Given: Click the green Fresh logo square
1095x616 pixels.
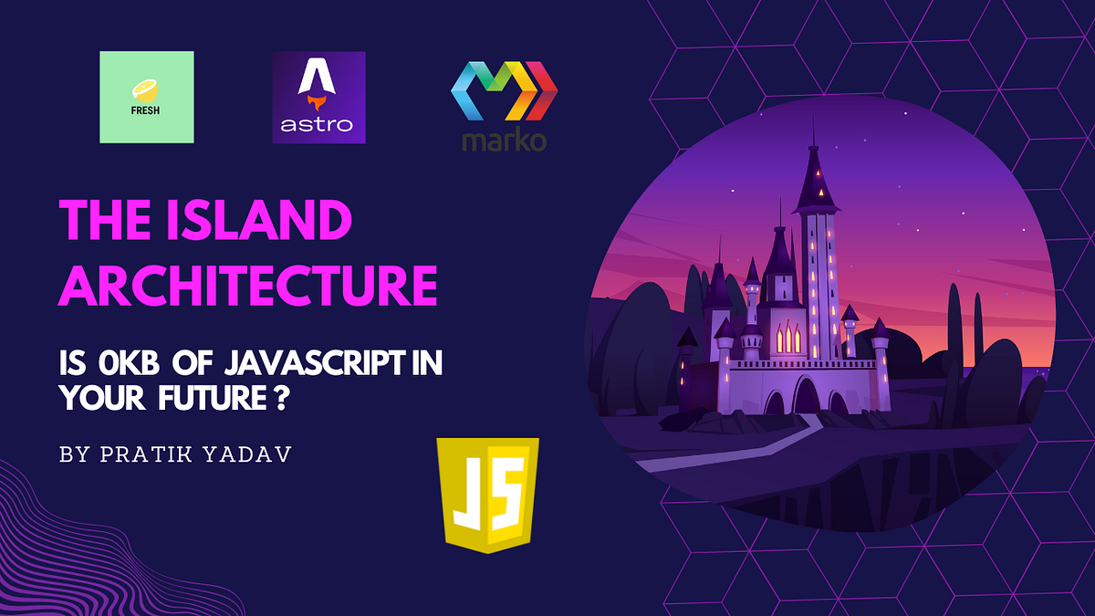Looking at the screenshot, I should pos(147,97).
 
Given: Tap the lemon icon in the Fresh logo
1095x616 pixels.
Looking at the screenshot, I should pos(147,89).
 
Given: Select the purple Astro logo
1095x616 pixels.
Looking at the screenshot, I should pos(318,97).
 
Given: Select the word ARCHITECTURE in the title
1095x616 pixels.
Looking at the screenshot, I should pos(247,285).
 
